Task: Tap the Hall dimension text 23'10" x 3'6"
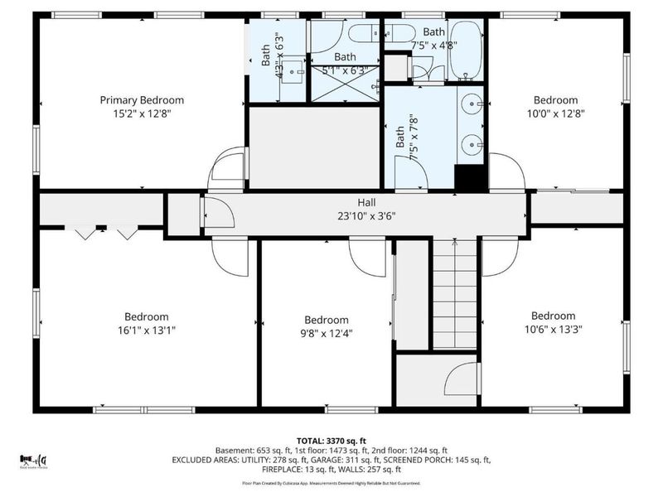[x=365, y=217]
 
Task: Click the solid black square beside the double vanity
[x=470, y=178]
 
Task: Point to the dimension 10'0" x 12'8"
[x=554, y=113]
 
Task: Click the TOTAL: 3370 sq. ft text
[x=331, y=440]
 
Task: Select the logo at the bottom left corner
[x=34, y=461]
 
